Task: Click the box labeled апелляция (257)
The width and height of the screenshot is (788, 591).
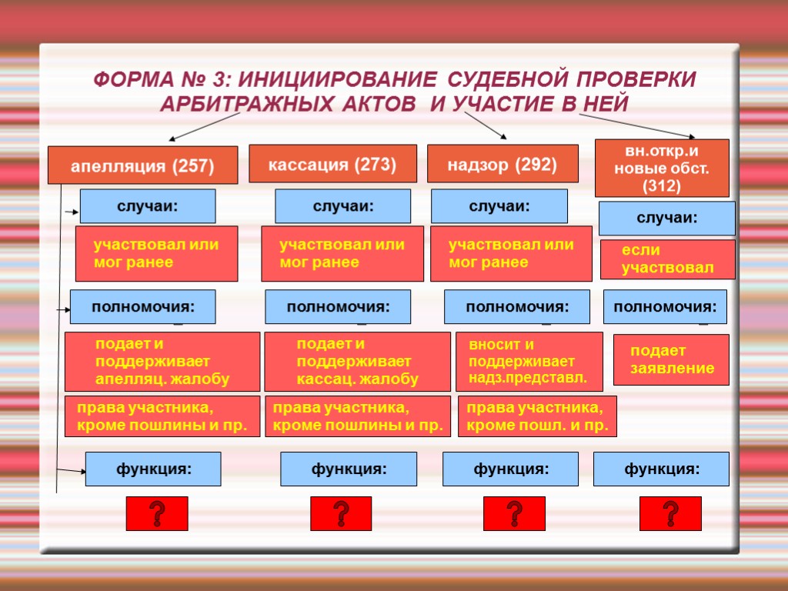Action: (x=142, y=165)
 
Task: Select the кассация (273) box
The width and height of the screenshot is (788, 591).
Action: (x=332, y=164)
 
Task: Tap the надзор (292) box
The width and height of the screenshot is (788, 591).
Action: (x=503, y=164)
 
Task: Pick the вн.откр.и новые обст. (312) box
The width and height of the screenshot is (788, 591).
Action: (x=662, y=168)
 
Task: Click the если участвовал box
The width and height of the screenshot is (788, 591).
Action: (x=666, y=259)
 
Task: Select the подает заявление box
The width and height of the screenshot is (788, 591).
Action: (x=671, y=359)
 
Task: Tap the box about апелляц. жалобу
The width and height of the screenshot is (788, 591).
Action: (x=162, y=362)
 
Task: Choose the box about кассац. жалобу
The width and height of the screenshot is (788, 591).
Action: (x=357, y=362)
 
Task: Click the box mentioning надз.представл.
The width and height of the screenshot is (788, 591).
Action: (x=529, y=362)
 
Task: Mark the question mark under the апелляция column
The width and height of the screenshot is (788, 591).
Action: (x=156, y=513)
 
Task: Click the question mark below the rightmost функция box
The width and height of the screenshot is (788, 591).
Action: (x=670, y=513)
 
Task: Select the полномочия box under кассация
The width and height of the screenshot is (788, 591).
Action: (x=338, y=307)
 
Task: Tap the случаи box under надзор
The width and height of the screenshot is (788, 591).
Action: (x=499, y=206)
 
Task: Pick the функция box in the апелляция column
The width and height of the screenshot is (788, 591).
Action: (x=152, y=469)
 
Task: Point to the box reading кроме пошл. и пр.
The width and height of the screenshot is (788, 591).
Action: (x=537, y=416)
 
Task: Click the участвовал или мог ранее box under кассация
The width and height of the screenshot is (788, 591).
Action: (x=342, y=253)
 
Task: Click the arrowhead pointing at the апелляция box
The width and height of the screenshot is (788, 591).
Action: (x=172, y=139)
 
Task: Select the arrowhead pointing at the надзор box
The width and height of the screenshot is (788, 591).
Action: (x=504, y=137)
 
